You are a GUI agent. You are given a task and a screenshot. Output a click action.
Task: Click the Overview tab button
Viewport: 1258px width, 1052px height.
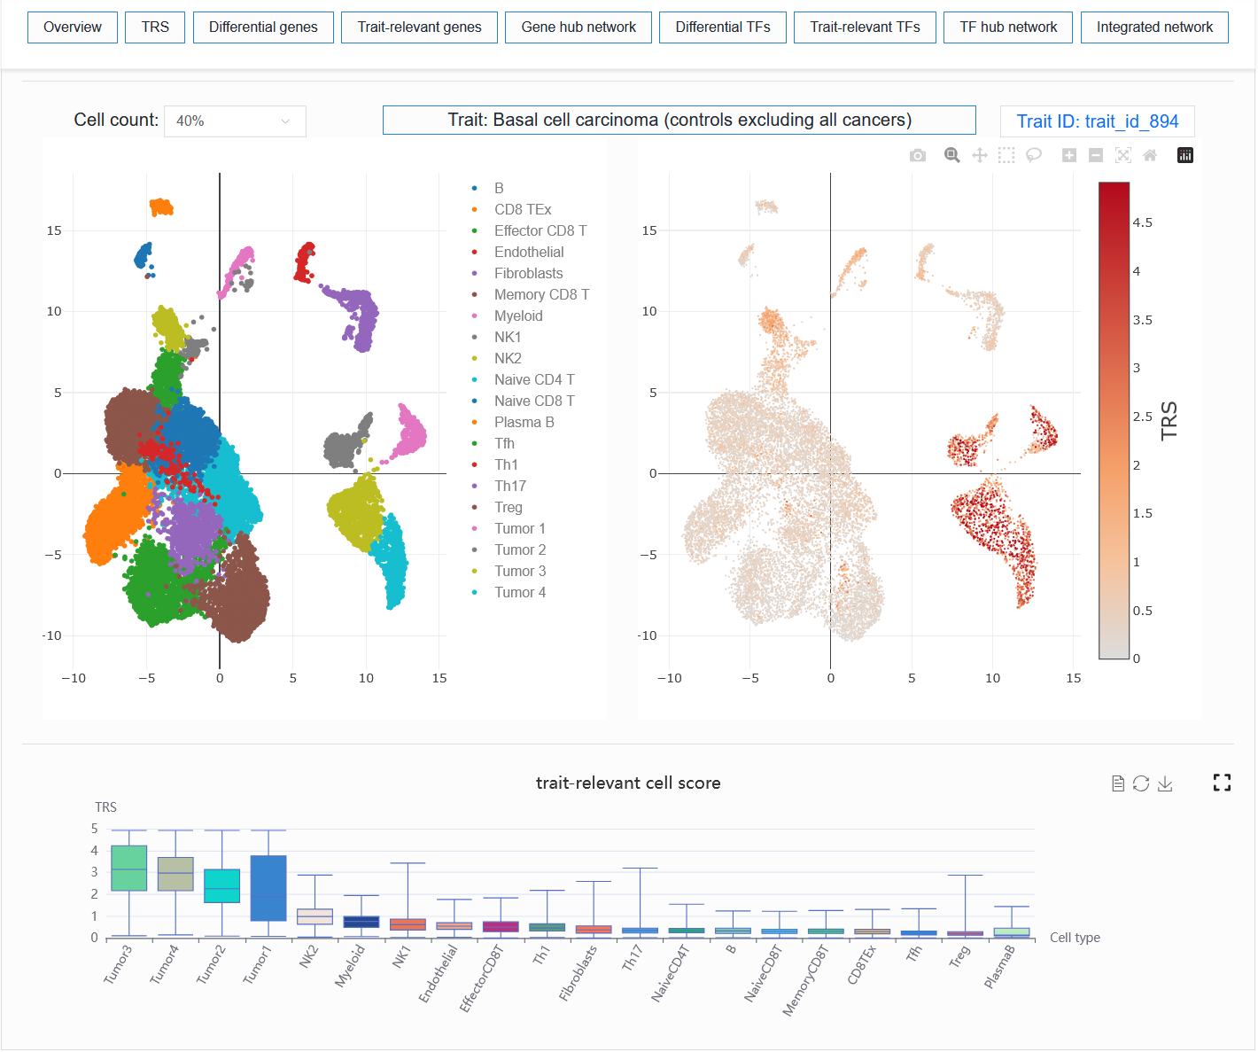[73, 27]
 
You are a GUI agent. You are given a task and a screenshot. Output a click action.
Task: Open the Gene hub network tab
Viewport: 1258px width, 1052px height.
[579, 27]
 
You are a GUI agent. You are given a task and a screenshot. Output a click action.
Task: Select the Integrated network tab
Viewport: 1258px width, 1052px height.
[1154, 27]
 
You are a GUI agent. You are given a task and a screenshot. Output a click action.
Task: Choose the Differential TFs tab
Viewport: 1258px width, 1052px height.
[722, 27]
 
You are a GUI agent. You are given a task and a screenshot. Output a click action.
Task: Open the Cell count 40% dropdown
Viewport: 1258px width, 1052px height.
[235, 121]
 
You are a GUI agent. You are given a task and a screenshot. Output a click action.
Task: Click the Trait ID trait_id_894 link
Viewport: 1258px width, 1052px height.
[1097, 121]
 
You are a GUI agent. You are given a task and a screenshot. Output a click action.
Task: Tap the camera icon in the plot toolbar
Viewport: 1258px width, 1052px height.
[918, 155]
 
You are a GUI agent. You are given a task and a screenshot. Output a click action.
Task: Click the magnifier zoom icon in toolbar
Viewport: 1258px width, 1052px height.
[951, 155]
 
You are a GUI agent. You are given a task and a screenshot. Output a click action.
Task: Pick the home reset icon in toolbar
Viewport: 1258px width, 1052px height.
[1150, 155]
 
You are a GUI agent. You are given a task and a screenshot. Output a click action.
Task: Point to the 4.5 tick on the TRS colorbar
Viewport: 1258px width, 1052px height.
[1142, 223]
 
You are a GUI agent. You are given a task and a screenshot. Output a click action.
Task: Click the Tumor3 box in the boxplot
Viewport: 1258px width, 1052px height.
[129, 869]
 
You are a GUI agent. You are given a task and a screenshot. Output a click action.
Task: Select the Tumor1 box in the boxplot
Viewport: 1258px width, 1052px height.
[268, 888]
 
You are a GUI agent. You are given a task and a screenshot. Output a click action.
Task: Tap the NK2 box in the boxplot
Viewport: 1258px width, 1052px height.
[314, 916]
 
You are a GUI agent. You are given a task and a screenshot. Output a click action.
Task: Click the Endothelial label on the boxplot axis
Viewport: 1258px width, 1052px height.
[438, 973]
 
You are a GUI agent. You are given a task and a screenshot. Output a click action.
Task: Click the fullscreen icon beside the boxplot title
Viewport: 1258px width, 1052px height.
[1222, 783]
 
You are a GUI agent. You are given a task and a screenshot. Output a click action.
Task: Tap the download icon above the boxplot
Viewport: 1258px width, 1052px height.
[1165, 783]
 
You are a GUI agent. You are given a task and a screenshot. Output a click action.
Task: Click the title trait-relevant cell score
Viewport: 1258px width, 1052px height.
[628, 783]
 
